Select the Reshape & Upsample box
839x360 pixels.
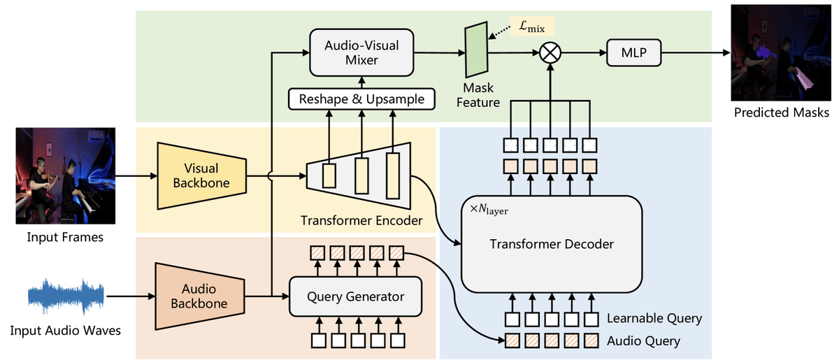click(361, 99)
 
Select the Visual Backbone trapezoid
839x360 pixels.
click(201, 175)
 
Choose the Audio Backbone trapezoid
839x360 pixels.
click(200, 297)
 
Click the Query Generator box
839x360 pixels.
click(355, 296)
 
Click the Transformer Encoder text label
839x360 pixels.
click(361, 221)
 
